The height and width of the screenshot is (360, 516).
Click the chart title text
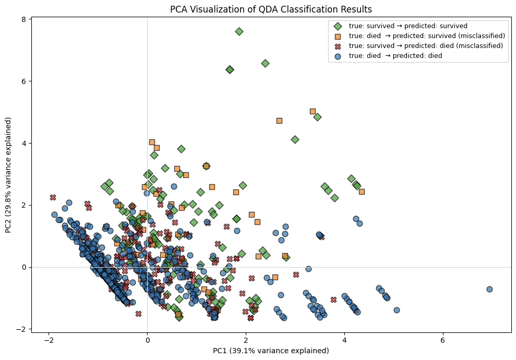271,9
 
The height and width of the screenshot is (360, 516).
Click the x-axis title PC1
271,350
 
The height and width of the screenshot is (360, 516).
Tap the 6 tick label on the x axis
443,340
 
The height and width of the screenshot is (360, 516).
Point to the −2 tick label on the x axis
49,340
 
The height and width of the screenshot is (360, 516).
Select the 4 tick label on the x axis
344,340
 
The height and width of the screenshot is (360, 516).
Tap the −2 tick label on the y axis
22,329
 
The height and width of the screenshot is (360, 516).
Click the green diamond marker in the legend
338,26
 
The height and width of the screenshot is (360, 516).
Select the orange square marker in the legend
338,35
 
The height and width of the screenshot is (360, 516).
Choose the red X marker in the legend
338,45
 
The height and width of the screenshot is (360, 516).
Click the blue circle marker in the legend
338,55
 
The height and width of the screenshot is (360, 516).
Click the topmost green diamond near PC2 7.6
239,31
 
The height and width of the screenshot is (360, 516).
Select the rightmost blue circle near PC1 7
489,289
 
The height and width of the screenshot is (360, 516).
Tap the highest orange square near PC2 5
313,111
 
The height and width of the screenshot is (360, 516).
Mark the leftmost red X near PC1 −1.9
53,197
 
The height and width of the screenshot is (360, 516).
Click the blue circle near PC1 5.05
397,310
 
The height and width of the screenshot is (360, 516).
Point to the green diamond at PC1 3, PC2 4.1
295,139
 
